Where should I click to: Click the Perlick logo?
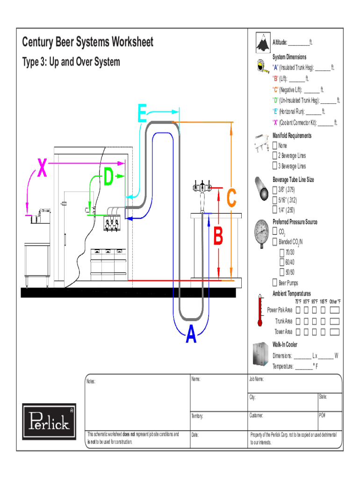click(49, 421)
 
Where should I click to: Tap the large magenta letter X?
click(42, 168)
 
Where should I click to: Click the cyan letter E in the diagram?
click(142, 114)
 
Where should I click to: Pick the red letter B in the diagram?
click(218, 236)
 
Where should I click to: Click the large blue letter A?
click(191, 335)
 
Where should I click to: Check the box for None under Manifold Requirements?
click(275, 145)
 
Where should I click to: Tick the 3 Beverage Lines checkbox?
click(275, 166)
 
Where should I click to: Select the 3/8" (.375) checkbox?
click(275, 190)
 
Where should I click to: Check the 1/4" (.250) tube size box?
click(275, 210)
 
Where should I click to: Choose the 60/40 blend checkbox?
click(282, 262)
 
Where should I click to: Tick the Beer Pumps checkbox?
click(275, 283)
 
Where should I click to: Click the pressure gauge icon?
click(261, 232)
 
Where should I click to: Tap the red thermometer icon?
click(259, 311)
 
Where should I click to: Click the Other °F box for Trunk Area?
click(334, 321)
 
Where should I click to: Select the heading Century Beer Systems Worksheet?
click(87, 42)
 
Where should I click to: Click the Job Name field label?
click(257, 379)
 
